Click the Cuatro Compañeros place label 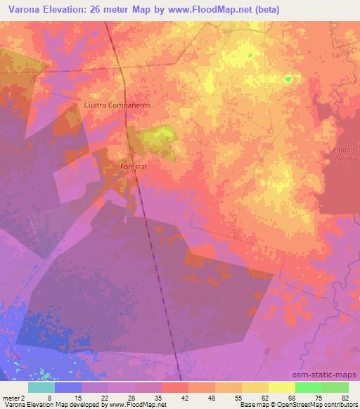click(117, 105)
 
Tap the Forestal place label click(133, 167)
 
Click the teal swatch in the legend click(41, 387)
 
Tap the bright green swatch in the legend click(308, 387)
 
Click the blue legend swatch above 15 click(68, 387)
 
